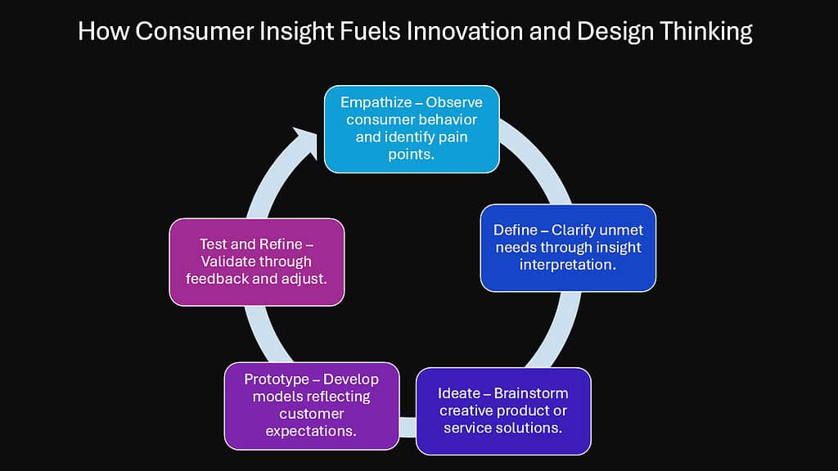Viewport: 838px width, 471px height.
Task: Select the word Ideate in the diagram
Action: (458, 393)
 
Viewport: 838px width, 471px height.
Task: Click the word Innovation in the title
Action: (461, 32)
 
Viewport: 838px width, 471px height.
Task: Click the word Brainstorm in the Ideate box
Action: (531, 393)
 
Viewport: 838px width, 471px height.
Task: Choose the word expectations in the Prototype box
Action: (311, 431)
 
